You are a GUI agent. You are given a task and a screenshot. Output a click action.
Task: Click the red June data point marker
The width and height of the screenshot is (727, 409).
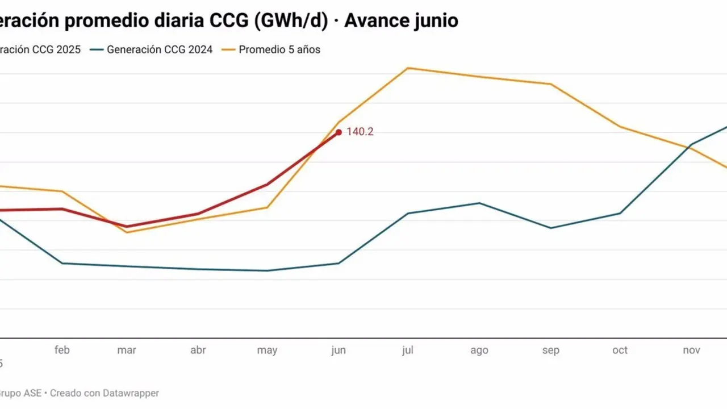(x=339, y=132)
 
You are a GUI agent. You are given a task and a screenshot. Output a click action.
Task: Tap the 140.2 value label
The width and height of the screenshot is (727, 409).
(x=360, y=132)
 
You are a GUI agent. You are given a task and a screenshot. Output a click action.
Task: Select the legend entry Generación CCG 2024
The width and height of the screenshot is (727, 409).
(x=159, y=49)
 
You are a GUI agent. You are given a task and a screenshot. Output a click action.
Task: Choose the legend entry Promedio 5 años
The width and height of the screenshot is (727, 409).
(x=279, y=49)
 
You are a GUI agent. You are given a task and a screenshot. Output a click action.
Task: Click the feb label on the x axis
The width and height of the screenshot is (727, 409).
(x=62, y=350)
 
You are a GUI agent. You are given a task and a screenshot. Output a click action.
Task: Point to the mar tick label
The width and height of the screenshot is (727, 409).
(x=127, y=350)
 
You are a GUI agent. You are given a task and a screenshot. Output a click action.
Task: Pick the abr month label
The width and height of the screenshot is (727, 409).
(x=198, y=350)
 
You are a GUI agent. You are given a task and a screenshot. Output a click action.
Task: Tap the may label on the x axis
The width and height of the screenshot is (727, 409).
(x=267, y=350)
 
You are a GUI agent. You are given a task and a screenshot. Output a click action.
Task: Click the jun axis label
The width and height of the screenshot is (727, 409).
(x=339, y=350)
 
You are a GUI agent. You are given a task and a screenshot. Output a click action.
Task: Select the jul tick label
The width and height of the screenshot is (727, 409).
(x=407, y=350)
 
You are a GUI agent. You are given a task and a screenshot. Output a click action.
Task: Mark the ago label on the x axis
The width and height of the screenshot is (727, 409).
(x=479, y=350)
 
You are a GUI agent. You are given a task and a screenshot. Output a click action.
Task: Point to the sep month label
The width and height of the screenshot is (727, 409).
(x=550, y=350)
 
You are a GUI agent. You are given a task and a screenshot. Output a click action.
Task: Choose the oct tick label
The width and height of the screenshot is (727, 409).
(x=620, y=350)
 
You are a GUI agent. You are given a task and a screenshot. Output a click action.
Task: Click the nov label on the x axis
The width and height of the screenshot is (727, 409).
(x=691, y=350)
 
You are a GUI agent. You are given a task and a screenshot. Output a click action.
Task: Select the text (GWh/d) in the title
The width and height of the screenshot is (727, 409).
(x=291, y=20)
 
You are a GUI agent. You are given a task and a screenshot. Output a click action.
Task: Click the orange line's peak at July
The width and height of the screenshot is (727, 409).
(x=408, y=68)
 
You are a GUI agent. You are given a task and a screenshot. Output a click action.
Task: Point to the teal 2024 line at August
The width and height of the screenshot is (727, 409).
(x=479, y=203)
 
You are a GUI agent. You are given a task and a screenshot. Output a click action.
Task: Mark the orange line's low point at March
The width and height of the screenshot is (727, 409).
(x=127, y=232)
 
